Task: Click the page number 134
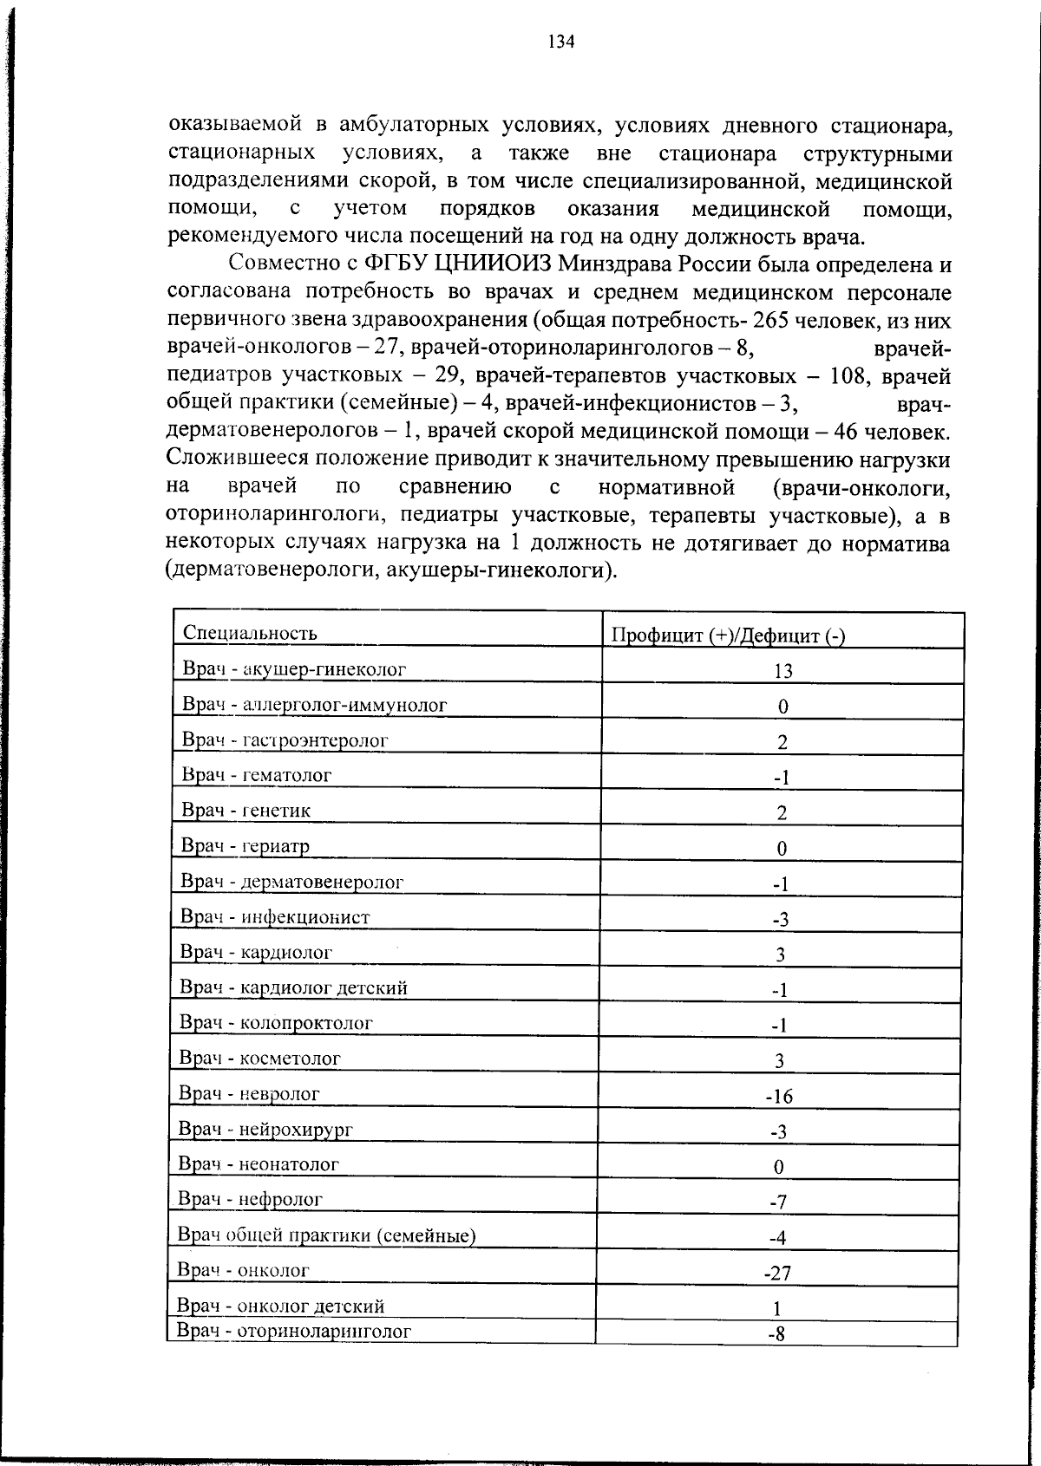point(561,42)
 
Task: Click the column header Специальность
point(250,633)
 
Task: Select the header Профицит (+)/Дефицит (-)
point(728,635)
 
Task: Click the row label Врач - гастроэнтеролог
point(285,740)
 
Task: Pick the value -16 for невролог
point(779,1097)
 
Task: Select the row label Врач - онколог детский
point(280,1306)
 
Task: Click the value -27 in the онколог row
point(777,1274)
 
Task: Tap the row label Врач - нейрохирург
point(265,1129)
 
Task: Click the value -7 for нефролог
point(778,1202)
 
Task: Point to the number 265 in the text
point(770,321)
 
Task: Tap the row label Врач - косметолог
point(259,1058)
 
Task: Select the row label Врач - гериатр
point(245,845)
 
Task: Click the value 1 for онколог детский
point(777,1308)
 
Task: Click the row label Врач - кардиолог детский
point(293,987)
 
